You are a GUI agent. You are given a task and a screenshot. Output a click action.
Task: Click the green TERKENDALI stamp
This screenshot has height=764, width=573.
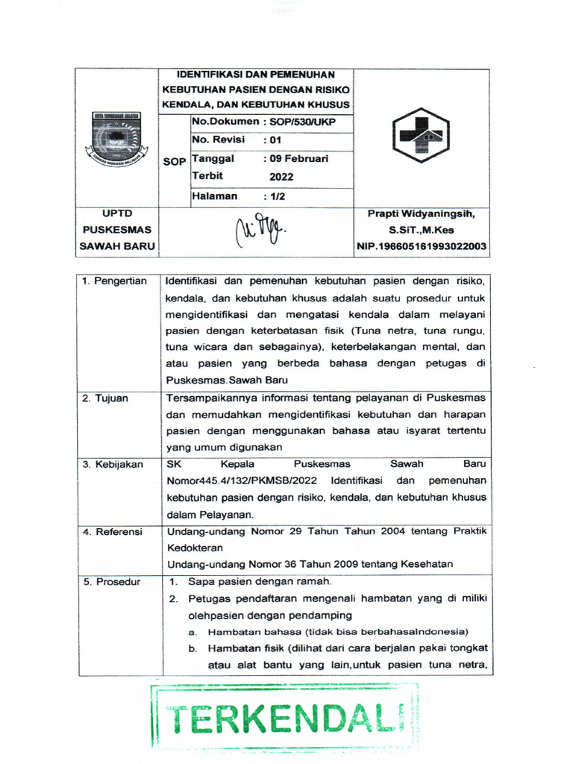pos(286,718)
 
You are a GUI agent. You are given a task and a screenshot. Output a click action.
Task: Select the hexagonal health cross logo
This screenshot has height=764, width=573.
pos(422,134)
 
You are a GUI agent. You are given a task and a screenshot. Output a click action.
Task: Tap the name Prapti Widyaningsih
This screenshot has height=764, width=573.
pos(422,213)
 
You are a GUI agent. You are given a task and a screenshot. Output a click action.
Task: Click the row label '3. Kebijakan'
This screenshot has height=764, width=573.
pos(113,464)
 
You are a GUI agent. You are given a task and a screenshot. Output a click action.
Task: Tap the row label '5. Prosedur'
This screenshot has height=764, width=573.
pos(111,580)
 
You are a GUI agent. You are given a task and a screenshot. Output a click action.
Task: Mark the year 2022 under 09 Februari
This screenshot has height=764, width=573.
pos(281,177)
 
